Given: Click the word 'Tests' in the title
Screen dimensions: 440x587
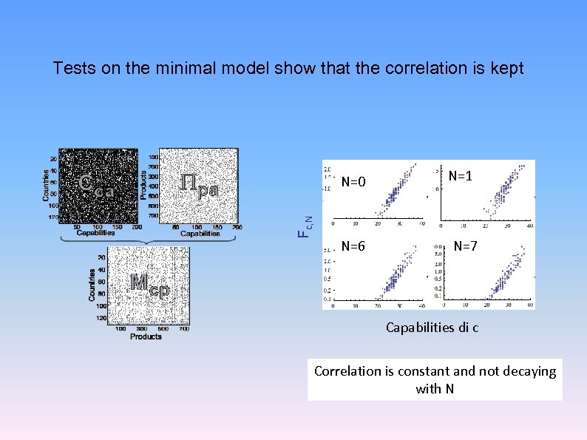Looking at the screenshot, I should [x=72, y=69].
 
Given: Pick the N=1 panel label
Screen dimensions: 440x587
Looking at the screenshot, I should [x=461, y=176].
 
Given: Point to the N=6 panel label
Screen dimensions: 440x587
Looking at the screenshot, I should [x=354, y=246].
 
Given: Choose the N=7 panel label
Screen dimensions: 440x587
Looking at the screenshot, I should [x=466, y=246].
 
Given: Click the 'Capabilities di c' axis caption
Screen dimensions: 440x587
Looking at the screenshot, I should [x=432, y=327].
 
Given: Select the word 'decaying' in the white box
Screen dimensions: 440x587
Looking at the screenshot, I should [x=530, y=371].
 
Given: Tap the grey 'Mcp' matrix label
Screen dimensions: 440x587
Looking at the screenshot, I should [x=149, y=284].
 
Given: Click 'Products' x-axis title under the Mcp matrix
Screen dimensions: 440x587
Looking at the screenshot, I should [x=146, y=336].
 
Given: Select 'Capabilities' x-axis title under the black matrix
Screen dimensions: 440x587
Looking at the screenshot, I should [x=95, y=234].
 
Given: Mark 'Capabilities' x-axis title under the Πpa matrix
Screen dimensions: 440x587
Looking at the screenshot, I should [x=200, y=234].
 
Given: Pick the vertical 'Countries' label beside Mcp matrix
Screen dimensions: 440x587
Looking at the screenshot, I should [x=92, y=284].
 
